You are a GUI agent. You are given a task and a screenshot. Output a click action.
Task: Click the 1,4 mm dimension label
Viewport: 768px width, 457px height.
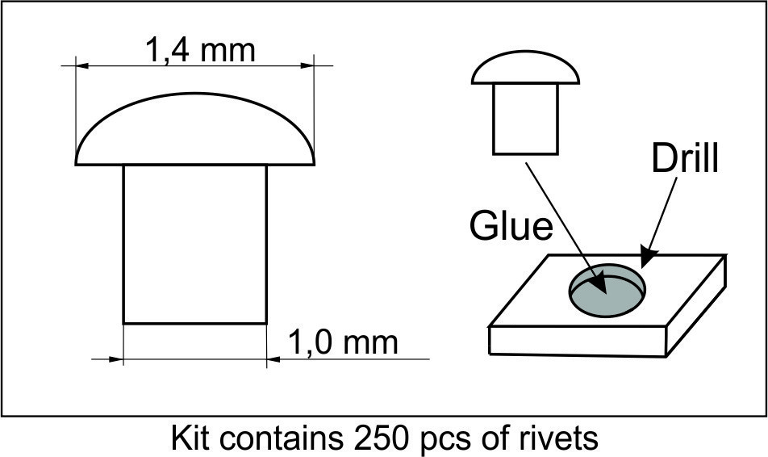pyautogui.click(x=200, y=50)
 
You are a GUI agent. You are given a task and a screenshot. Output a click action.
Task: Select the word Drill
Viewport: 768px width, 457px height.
pyautogui.click(x=685, y=158)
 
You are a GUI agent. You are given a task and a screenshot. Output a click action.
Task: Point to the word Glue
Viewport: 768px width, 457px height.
pyautogui.click(x=511, y=226)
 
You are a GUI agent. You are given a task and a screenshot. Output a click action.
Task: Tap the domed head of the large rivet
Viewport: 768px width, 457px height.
pyautogui.click(x=195, y=128)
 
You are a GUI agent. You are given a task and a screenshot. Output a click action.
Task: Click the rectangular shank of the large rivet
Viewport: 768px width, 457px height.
pyautogui.click(x=195, y=244)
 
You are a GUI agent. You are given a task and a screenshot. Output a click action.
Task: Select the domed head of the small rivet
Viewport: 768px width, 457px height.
pyautogui.click(x=525, y=67)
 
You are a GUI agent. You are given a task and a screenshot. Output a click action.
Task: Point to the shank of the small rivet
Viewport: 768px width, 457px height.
pyautogui.click(x=525, y=119)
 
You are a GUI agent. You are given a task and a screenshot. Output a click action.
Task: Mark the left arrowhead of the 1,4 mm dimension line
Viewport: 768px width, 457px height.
pyautogui.click(x=82, y=65)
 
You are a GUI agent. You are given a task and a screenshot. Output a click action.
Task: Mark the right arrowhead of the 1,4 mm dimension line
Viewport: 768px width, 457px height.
pyautogui.click(x=307, y=65)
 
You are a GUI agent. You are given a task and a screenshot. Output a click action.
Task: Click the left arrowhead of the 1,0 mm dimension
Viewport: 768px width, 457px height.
pyautogui.click(x=116, y=359)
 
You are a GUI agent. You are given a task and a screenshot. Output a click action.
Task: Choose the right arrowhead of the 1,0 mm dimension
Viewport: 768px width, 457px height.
pyautogui.click(x=273, y=359)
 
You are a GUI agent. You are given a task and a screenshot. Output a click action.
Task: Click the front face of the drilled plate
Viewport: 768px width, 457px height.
pyautogui.click(x=578, y=342)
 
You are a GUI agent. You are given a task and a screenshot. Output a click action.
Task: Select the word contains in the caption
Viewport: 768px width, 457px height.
pyautogui.click(x=281, y=437)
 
